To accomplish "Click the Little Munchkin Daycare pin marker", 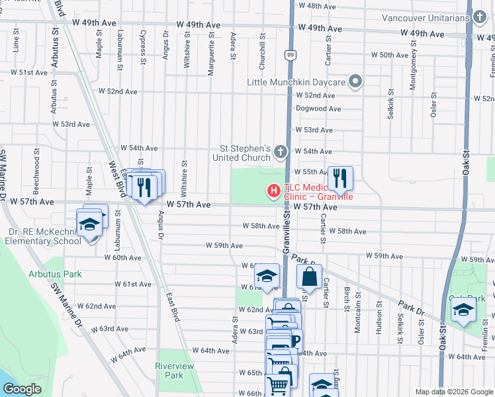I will [355, 82].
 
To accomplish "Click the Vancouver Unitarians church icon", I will [479, 17].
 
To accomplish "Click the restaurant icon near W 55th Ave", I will [340, 177].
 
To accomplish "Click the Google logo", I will [22, 389].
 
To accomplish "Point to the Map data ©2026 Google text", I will [453, 392].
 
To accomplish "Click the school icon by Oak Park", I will [463, 310].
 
